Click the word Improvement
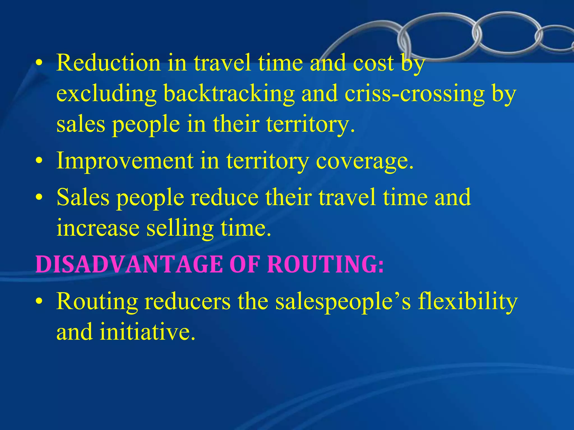click(x=125, y=161)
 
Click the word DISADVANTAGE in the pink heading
click(x=129, y=264)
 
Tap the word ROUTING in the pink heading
click(x=325, y=264)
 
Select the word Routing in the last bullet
click(x=97, y=302)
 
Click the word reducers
click(x=188, y=302)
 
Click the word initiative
click(x=147, y=332)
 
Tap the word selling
click(x=180, y=228)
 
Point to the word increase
click(x=98, y=228)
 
